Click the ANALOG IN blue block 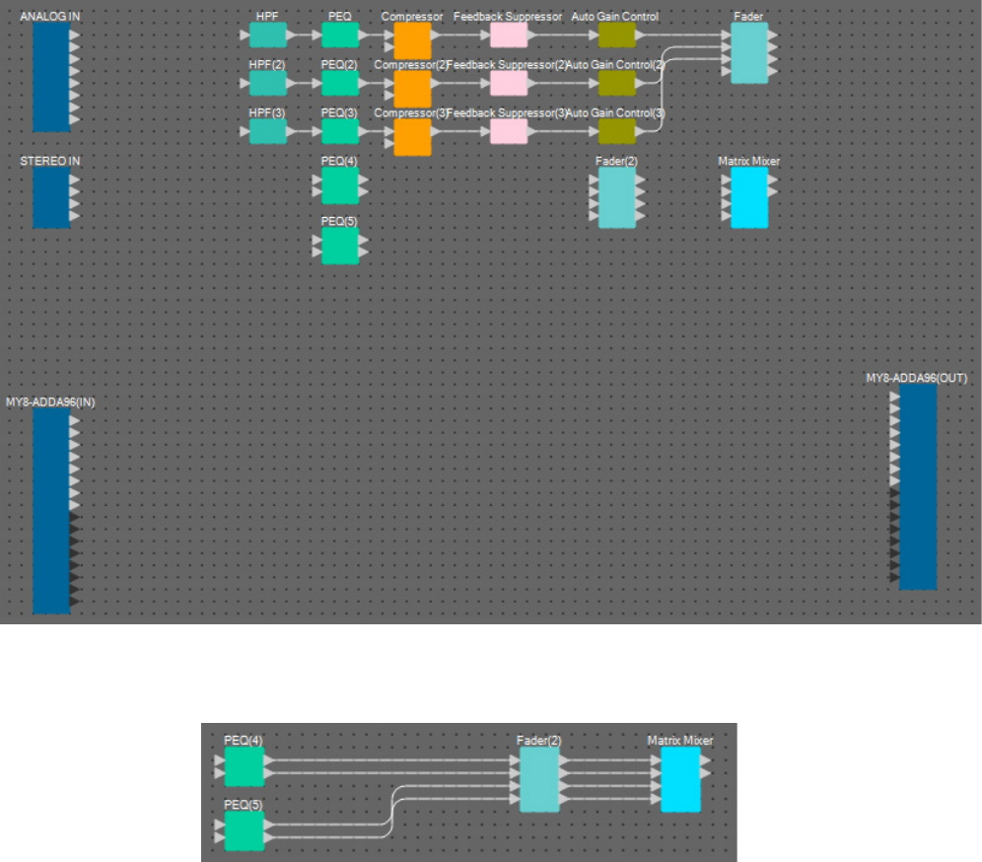(x=51, y=77)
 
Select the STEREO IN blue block (x=51, y=197)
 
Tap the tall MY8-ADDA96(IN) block (x=51, y=511)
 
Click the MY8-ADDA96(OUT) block (x=918, y=486)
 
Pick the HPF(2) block (x=267, y=84)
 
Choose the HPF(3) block (x=267, y=132)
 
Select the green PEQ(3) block (x=340, y=132)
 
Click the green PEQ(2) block (x=340, y=84)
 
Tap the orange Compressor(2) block (x=412, y=89)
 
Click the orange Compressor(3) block (x=412, y=137)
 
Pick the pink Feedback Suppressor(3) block (x=509, y=132)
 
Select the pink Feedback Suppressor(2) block (x=509, y=84)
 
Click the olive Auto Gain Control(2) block (x=617, y=84)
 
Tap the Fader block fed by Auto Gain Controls (x=748, y=53)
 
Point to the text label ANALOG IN (x=50, y=17)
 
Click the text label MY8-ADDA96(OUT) (x=916, y=378)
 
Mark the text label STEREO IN (x=50, y=160)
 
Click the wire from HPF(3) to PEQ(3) (x=303, y=132)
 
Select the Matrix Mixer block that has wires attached (x=680, y=779)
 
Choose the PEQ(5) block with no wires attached (x=340, y=246)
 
